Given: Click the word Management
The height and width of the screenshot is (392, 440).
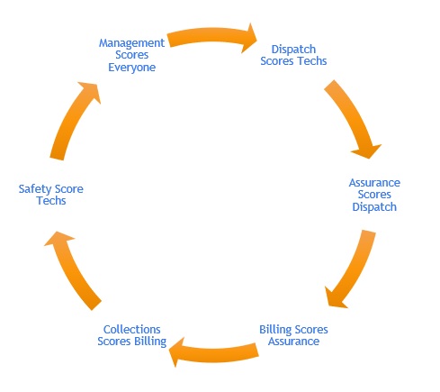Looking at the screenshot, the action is click(131, 43).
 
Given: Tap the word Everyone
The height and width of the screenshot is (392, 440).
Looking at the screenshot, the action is click(132, 68).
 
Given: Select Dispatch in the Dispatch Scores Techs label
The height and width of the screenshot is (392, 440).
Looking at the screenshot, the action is click(293, 50).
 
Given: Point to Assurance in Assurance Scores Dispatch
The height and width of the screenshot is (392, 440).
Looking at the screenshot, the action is click(374, 183).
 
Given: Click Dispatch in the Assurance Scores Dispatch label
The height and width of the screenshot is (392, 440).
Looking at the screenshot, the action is click(374, 207).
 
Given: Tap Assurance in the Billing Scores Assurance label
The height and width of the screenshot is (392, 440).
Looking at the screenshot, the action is click(293, 342).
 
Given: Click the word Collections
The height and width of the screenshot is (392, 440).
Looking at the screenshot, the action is click(132, 329).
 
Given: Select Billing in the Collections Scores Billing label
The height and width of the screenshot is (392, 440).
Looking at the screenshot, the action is click(150, 342).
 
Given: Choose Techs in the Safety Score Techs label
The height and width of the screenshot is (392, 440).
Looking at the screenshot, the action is click(51, 201).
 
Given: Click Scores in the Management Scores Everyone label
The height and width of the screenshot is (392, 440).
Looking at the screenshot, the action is click(132, 55).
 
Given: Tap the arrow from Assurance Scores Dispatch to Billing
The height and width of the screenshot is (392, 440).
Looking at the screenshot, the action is click(354, 270).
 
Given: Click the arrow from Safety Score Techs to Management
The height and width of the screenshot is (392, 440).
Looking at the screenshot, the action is click(75, 119).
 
